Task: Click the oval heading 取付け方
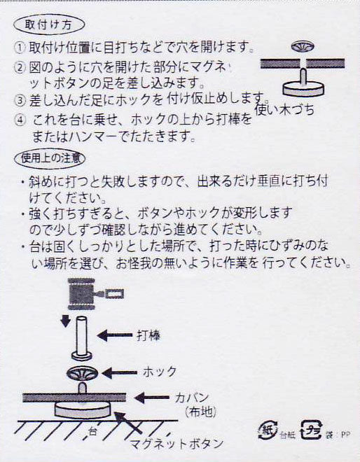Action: pos(49,24)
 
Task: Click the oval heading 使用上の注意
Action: pos(50,158)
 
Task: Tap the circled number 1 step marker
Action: pos(20,48)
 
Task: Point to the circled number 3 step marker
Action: pos(20,101)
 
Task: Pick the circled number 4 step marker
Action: pos(20,120)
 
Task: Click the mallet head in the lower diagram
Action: pos(81,294)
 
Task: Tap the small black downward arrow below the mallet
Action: pos(65,321)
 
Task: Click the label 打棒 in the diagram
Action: pos(148,335)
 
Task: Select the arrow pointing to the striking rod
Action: pos(115,335)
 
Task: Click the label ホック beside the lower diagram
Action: pos(160,372)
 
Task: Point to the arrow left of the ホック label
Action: pos(119,372)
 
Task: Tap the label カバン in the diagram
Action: pos(192,398)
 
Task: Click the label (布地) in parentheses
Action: pos(201,412)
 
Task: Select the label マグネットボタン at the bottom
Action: pos(176,443)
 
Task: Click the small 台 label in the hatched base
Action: pos(92,432)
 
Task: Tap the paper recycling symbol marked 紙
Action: pos(268,430)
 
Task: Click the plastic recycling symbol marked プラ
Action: pos(311,430)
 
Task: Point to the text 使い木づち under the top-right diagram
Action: pos(284,110)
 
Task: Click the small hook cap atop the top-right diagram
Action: pos(303,47)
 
